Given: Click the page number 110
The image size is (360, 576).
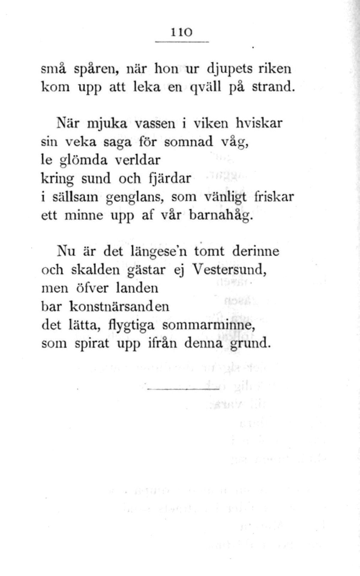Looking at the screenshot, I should pyautogui.click(x=181, y=32).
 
